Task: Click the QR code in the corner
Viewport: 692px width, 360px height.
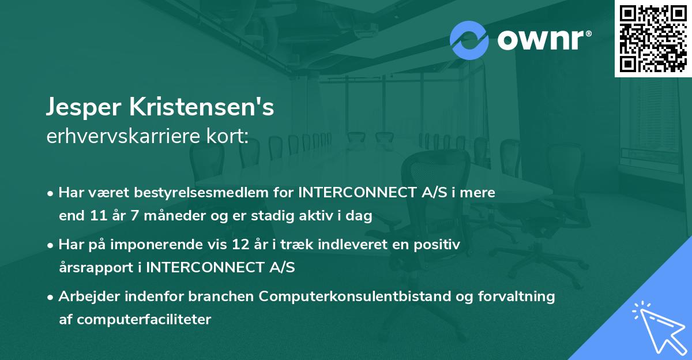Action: pyautogui.click(x=653, y=38)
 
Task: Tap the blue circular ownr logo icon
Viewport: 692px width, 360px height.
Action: pyautogui.click(x=469, y=39)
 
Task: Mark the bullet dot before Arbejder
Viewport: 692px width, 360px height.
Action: pyautogui.click(x=51, y=297)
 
